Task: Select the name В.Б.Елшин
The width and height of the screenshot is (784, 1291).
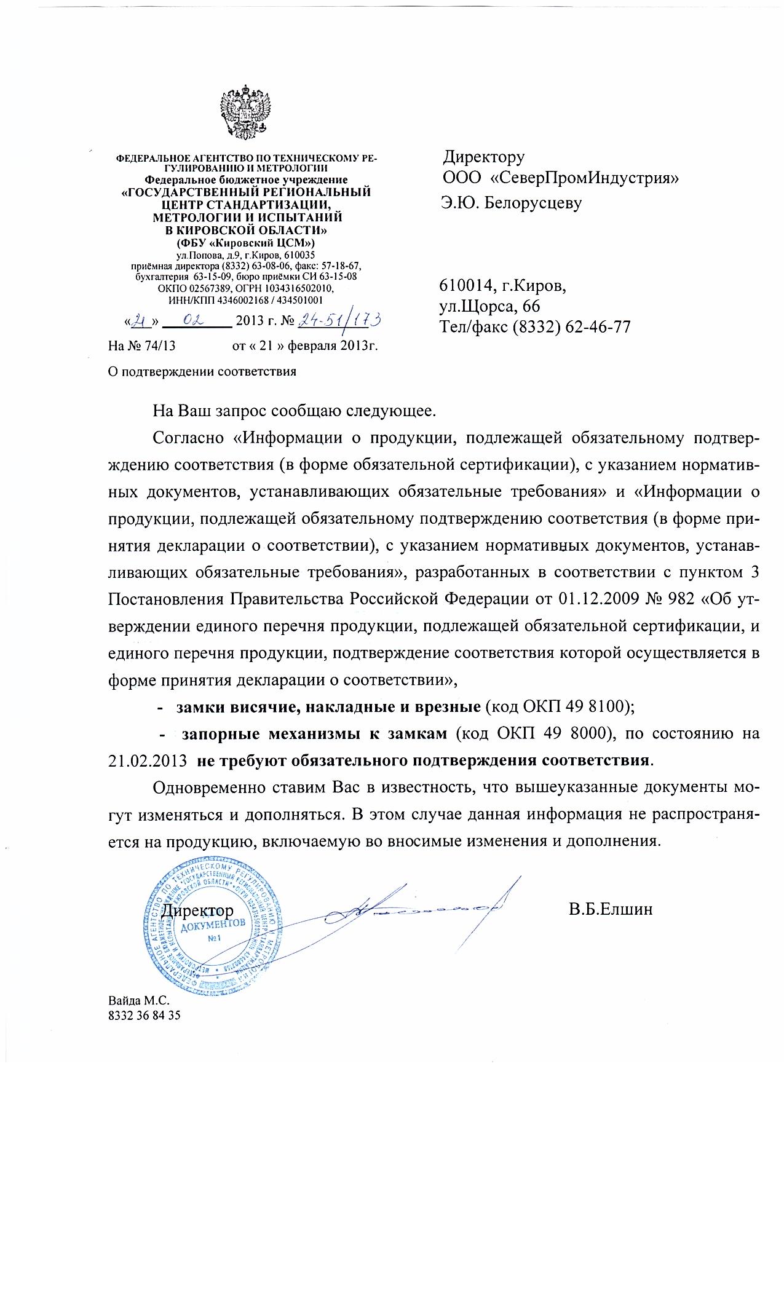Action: coord(610,909)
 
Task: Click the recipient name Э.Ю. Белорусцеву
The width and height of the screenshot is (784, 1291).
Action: coord(510,203)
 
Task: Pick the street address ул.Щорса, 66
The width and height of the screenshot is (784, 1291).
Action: coord(489,306)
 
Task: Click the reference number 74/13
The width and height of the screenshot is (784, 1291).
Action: coord(161,345)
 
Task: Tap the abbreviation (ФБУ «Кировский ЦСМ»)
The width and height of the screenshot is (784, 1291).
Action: coord(245,243)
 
